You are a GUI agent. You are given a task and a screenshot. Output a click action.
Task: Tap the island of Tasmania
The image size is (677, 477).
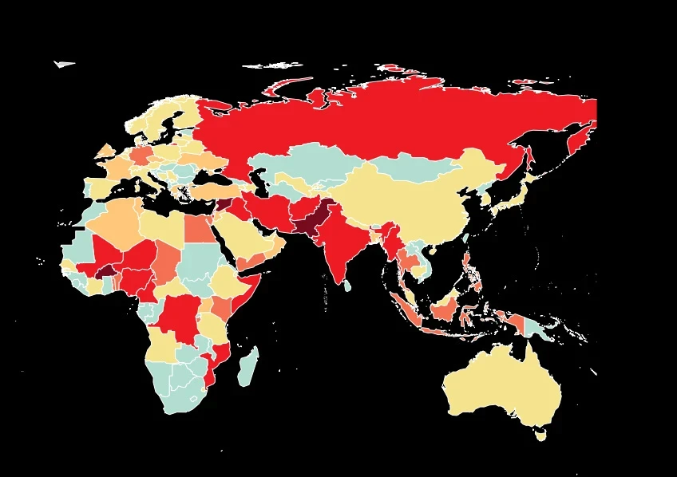541,435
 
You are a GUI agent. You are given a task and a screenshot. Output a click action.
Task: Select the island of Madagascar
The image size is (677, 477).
249,364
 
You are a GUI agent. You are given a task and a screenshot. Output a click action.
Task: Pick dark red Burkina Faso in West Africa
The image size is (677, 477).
105,272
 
